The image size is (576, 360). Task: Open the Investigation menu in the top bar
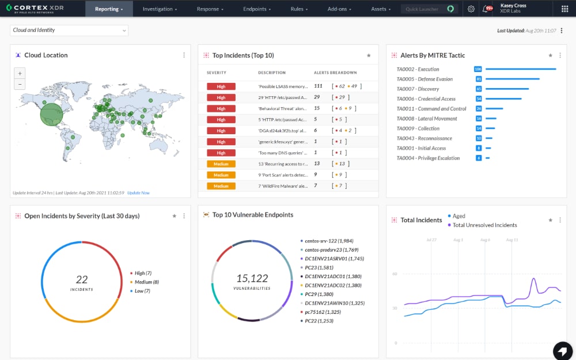(160, 9)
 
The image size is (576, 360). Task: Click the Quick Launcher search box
(423, 9)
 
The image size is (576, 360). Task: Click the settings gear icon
(471, 9)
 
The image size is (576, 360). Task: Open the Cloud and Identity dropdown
(69, 30)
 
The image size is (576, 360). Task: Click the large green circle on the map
(51, 114)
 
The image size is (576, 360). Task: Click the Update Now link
(138, 193)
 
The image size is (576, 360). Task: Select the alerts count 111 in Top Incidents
(318, 86)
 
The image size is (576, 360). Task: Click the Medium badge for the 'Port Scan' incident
(221, 175)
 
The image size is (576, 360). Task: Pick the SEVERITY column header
(217, 73)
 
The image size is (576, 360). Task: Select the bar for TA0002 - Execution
(520, 69)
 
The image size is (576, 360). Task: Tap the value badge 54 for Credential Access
(479, 99)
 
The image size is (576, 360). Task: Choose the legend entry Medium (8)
(146, 282)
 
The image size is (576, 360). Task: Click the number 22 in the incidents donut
(82, 279)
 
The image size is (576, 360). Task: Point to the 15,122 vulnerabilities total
(252, 278)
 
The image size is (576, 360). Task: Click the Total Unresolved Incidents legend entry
(484, 225)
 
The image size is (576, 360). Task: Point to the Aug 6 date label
(485, 240)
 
